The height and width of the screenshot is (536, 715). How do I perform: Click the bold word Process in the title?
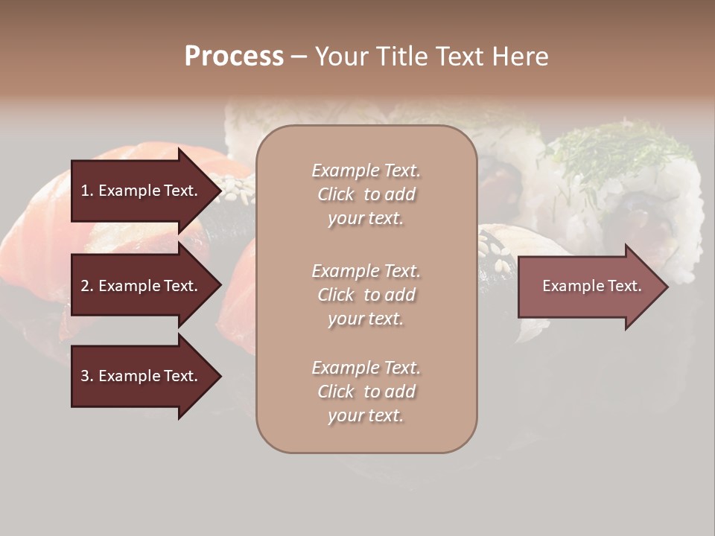tap(234, 57)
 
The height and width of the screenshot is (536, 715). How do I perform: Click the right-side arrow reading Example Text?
tap(591, 286)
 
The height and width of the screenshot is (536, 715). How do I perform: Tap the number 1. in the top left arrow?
tap(86, 191)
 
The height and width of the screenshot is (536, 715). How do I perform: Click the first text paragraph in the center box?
tap(366, 194)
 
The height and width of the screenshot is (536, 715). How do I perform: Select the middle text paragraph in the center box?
tap(366, 295)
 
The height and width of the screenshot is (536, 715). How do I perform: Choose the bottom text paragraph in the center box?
tap(366, 392)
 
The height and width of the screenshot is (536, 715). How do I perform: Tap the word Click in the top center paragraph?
tap(336, 194)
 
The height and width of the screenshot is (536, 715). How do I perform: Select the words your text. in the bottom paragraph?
tap(366, 416)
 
